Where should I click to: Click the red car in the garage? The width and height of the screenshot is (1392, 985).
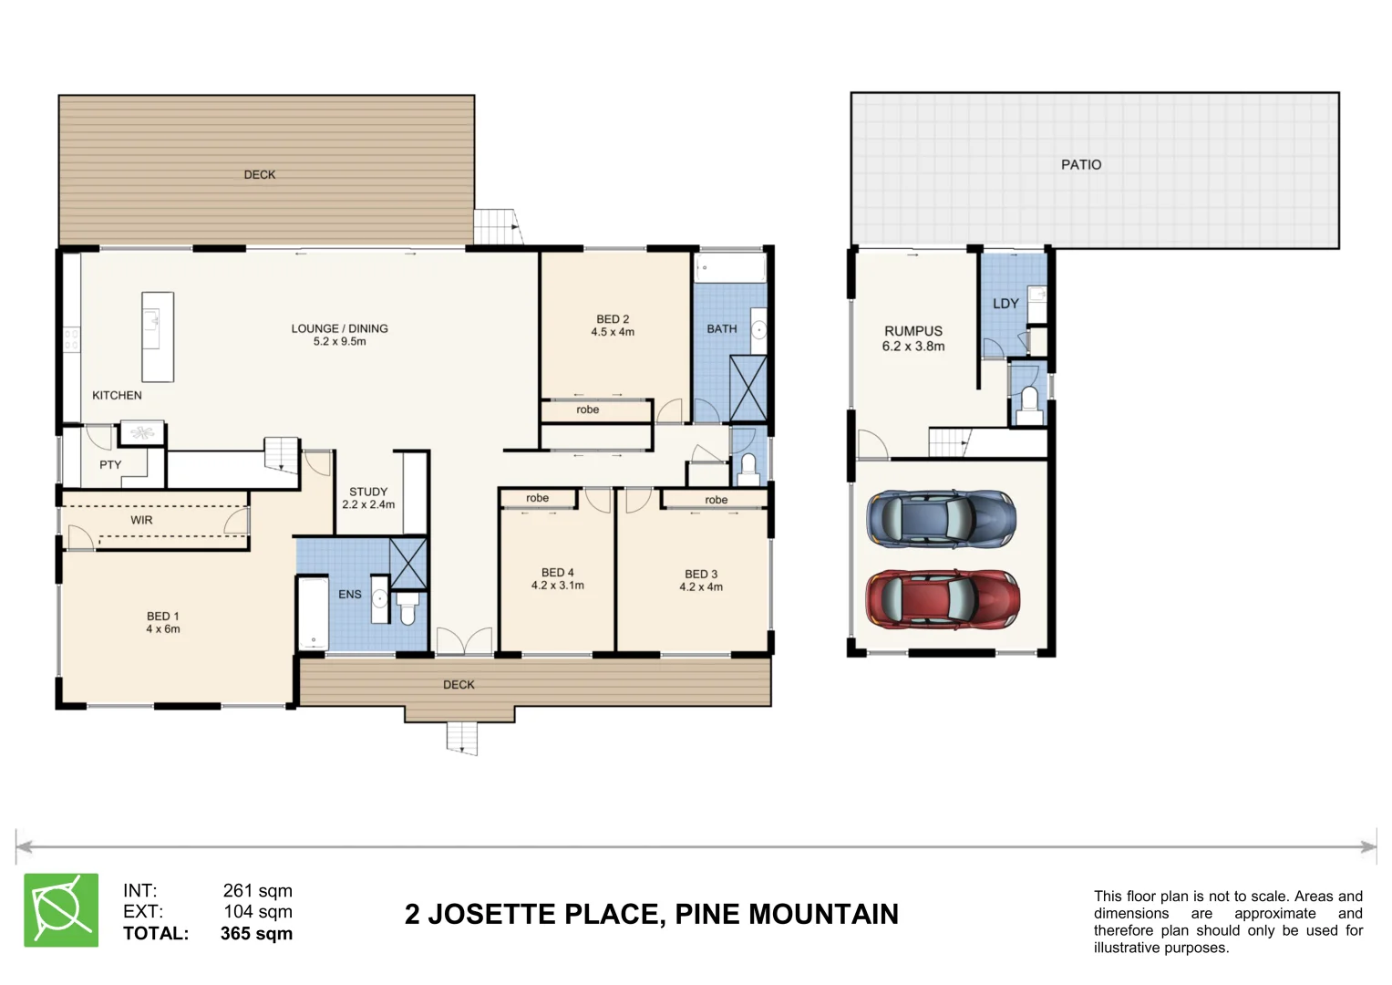click(x=942, y=599)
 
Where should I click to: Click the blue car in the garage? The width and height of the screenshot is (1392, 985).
click(x=941, y=520)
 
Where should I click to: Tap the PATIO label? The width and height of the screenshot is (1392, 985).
click(x=1080, y=165)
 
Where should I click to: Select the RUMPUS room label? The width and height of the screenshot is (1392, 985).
click(x=913, y=331)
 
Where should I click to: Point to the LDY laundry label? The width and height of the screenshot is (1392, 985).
click(x=1005, y=304)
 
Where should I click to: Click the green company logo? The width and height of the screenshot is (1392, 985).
click(x=61, y=910)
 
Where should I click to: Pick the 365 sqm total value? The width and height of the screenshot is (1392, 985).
click(x=256, y=933)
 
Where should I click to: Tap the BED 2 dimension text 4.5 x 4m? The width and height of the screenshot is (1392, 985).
click(x=613, y=332)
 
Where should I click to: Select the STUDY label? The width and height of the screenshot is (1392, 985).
click(x=368, y=492)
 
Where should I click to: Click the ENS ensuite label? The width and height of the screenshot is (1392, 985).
click(x=350, y=595)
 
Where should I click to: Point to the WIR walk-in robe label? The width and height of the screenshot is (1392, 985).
click(x=141, y=520)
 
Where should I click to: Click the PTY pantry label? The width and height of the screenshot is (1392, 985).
click(x=110, y=465)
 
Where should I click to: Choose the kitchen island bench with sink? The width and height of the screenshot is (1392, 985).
click(x=158, y=336)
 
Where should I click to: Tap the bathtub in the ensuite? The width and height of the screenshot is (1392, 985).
click(x=313, y=614)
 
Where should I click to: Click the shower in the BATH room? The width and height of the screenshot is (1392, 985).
click(x=748, y=389)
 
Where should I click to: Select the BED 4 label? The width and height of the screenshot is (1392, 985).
click(x=557, y=573)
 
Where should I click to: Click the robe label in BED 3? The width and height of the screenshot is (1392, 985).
click(x=716, y=500)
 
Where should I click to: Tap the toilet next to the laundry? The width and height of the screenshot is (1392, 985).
click(x=1028, y=405)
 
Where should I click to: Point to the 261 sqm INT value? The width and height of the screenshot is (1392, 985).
click(x=257, y=891)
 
